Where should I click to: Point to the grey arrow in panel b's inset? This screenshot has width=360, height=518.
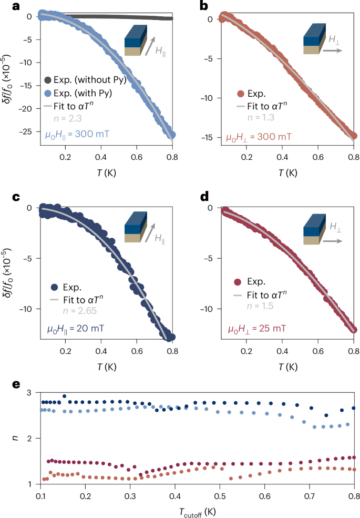coord(332,51)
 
